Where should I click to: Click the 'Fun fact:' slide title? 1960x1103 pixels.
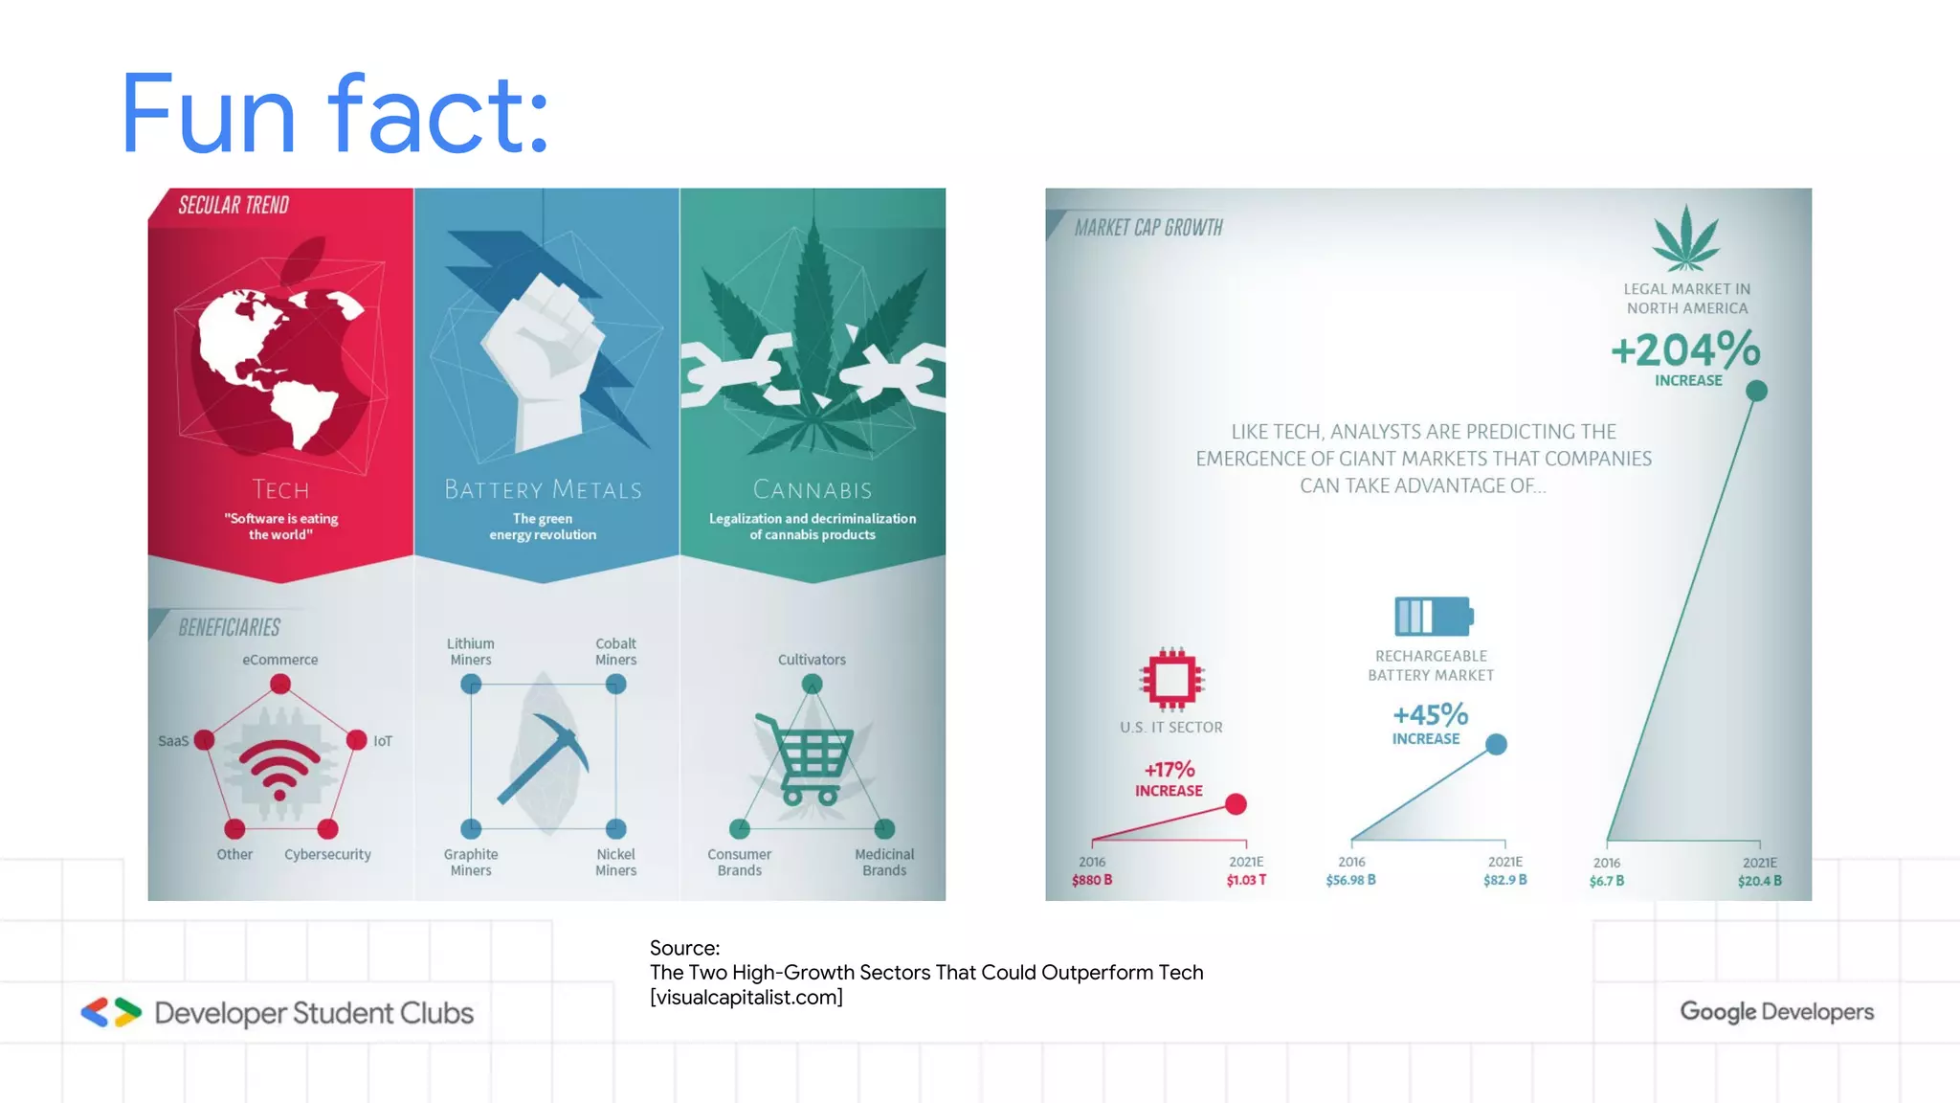coord(335,115)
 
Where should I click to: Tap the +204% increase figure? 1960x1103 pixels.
coord(1685,350)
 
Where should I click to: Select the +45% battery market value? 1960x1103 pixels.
coord(1430,715)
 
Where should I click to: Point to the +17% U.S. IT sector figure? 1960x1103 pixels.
coord(1169,770)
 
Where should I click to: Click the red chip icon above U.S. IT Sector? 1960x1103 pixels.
coord(1171,679)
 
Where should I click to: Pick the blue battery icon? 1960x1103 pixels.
coord(1433,616)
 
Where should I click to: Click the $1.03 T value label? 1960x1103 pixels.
coord(1246,880)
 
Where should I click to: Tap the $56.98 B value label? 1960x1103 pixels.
coord(1350,880)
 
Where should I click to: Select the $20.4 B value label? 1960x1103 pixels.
coord(1759,881)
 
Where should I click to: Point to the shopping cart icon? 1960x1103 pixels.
coord(810,760)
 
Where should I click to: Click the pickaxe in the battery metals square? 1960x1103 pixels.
coord(544,756)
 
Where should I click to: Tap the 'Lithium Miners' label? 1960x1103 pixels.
coord(471,652)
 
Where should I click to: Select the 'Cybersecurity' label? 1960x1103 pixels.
coord(327,854)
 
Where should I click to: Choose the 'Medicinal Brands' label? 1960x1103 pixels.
coord(884,862)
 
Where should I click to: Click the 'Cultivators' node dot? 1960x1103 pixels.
coord(812,685)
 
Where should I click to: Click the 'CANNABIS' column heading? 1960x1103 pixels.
coord(813,490)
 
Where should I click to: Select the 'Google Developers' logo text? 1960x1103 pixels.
coord(1776,1012)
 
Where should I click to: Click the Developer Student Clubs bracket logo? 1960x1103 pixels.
coord(111,1013)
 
